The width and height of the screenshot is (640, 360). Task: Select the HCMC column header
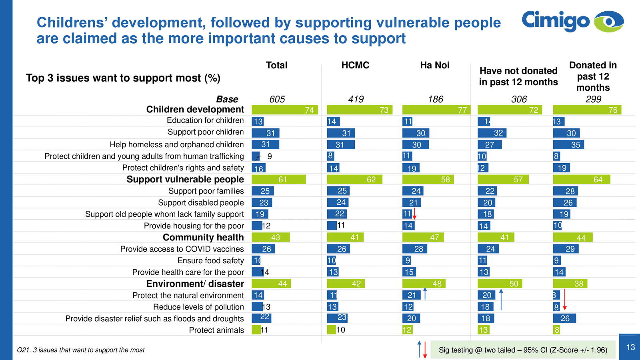click(x=355, y=65)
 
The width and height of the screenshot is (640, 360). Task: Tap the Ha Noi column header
click(x=434, y=65)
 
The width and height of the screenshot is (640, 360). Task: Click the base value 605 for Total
click(x=277, y=99)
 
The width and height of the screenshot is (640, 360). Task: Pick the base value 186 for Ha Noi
click(x=435, y=99)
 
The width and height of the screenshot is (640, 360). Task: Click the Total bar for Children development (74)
click(x=284, y=110)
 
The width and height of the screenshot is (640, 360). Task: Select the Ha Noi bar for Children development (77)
click(x=436, y=110)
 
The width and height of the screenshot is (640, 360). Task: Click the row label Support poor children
click(x=206, y=132)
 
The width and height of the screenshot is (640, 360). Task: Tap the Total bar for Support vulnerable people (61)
click(x=278, y=180)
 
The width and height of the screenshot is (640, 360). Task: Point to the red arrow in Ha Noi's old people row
click(x=415, y=214)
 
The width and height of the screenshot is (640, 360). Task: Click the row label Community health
click(x=203, y=238)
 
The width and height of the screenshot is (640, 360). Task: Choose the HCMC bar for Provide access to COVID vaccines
click(x=338, y=249)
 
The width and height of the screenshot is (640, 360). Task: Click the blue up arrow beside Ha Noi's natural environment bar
click(x=425, y=294)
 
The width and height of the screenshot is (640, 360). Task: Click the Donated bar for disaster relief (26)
click(x=564, y=318)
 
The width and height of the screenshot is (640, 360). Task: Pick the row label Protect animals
click(x=216, y=330)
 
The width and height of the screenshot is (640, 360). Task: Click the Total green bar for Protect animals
click(x=256, y=330)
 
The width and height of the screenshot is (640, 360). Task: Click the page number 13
click(x=630, y=347)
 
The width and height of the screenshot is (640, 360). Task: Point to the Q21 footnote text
click(x=81, y=350)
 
